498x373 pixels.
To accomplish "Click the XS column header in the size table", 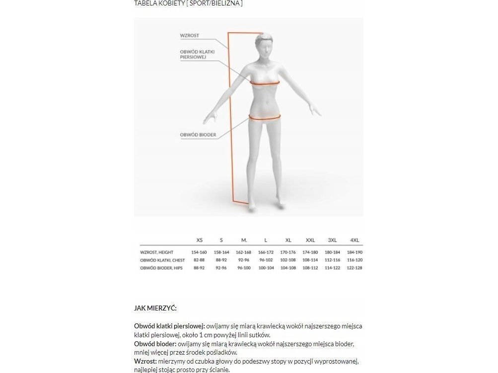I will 200,240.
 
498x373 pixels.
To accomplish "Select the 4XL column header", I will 355,240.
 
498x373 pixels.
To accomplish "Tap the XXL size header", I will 310,240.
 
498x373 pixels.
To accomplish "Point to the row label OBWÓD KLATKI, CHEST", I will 162,260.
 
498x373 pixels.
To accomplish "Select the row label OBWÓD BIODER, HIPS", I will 162,268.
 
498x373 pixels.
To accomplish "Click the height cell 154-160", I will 199,252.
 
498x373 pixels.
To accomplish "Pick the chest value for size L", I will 266,260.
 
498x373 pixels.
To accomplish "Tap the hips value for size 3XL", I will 332,268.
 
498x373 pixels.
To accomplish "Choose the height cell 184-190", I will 355,252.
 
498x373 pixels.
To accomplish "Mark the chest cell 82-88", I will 199,260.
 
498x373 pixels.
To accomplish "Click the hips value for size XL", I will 288,268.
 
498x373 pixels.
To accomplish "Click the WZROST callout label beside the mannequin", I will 189,36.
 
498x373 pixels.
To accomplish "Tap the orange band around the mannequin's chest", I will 265,84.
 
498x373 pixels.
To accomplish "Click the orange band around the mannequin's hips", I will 265,118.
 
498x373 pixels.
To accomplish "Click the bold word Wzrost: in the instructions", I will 145,361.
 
